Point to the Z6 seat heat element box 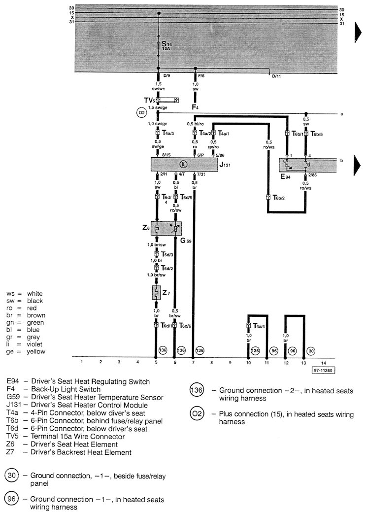click(x=166, y=229)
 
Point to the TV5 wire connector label click(x=149, y=100)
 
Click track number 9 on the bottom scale click(x=230, y=362)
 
